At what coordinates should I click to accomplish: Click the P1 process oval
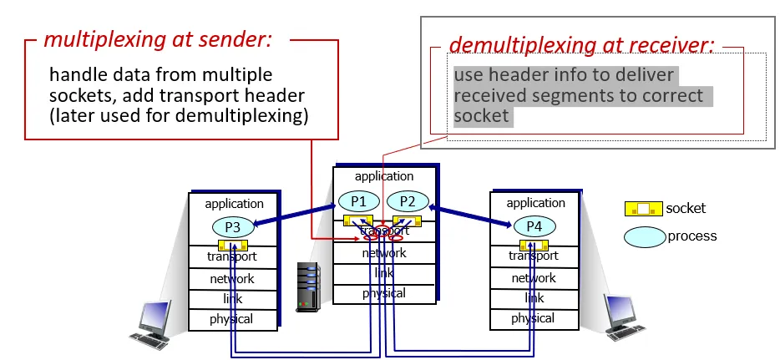(358, 201)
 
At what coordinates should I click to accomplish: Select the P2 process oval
(408, 201)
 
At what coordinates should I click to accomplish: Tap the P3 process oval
(234, 226)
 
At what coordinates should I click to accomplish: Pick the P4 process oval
(534, 226)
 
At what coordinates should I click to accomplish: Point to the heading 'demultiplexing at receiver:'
(581, 45)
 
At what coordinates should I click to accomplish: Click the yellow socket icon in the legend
(643, 209)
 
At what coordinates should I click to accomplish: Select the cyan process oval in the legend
(644, 236)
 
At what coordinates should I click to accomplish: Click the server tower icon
(308, 286)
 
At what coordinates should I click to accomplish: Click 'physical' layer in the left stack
(231, 319)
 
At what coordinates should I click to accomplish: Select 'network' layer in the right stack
(534, 278)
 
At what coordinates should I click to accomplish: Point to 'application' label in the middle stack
(384, 176)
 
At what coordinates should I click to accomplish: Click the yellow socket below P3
(233, 246)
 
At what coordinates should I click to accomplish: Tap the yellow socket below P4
(534, 245)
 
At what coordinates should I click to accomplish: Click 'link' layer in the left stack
(232, 299)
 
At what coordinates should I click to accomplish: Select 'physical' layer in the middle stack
(384, 293)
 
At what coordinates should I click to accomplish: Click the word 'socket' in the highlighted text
(482, 116)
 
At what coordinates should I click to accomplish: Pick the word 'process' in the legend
(692, 236)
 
